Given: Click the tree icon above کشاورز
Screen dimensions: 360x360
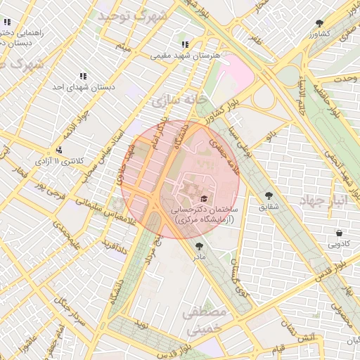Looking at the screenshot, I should pyautogui.click(x=320, y=23).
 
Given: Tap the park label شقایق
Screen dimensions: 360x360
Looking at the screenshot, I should pyautogui.click(x=269, y=207).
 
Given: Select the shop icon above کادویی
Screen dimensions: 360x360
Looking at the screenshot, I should pyautogui.click(x=340, y=233).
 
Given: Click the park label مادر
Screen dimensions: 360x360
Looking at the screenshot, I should pyautogui.click(x=199, y=257).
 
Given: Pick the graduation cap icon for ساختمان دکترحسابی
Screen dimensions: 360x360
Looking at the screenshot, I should pyautogui.click(x=205, y=199).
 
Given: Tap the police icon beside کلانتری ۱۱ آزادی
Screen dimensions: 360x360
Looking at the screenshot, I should pyautogui.click(x=59, y=149).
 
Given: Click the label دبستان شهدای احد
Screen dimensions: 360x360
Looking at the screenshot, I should pyautogui.click(x=83, y=87).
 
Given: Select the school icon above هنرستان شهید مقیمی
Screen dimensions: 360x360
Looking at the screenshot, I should pyautogui.click(x=185, y=44).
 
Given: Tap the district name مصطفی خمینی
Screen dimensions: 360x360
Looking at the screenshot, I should pyautogui.click(x=205, y=319).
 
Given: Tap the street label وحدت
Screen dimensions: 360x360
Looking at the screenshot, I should pyautogui.click(x=342, y=80).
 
